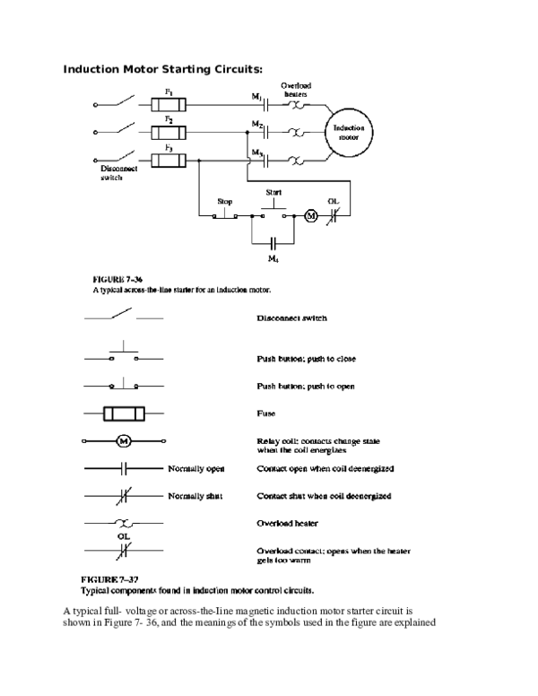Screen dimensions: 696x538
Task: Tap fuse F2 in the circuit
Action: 169,133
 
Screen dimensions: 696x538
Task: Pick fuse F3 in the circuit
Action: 169,161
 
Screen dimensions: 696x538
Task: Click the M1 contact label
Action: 256,95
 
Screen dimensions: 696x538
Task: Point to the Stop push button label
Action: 226,201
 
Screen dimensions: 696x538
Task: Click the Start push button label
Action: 274,193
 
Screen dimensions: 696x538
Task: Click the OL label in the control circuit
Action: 333,201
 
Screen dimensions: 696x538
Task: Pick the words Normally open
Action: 195,469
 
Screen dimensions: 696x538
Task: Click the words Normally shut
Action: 195,496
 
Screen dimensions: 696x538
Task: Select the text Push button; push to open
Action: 307,386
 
